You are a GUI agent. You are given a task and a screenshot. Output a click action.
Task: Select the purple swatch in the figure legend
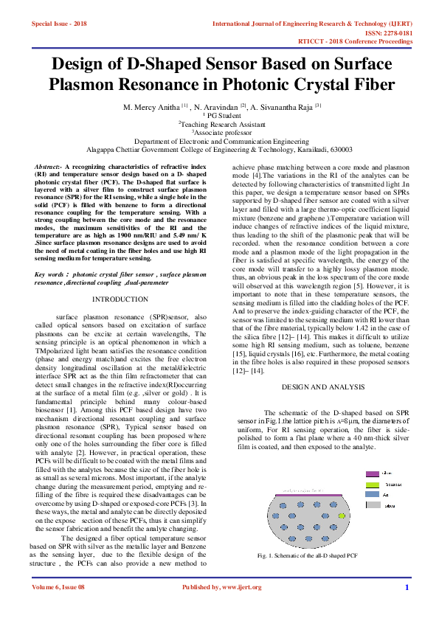[x=373, y=473]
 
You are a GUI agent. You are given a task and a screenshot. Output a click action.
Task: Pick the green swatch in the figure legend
[x=373, y=485]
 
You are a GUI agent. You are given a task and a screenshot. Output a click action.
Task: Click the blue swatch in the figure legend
[x=373, y=495]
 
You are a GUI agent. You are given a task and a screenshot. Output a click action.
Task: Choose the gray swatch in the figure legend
[x=373, y=506]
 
